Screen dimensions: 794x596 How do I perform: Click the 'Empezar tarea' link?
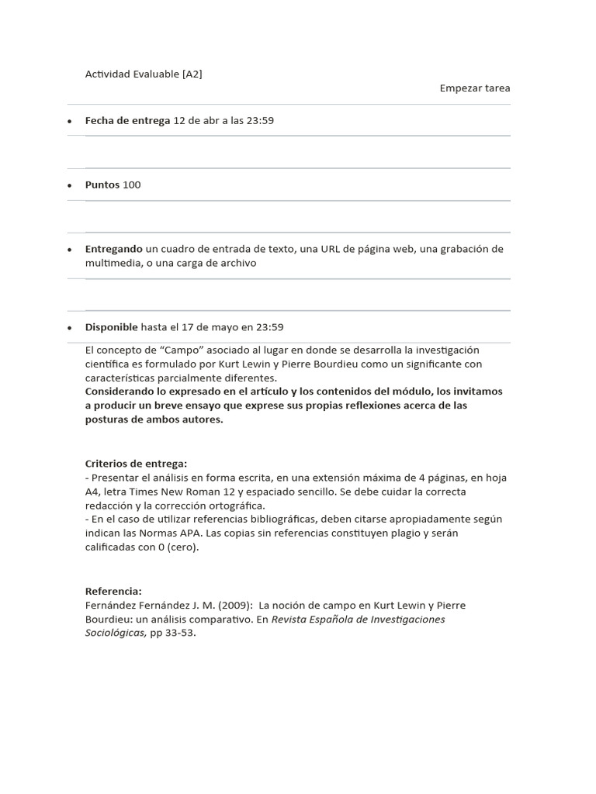click(x=475, y=88)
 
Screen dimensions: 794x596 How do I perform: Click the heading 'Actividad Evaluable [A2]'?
click(x=144, y=74)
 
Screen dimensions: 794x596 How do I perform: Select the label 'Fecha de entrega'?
click(x=127, y=121)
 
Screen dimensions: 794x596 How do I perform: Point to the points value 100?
click(x=132, y=185)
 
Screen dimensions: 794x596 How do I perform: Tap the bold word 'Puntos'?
click(x=102, y=185)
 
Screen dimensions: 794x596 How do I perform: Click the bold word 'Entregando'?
click(x=114, y=249)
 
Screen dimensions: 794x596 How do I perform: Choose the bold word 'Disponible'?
click(x=112, y=327)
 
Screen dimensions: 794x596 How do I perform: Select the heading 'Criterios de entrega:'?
click(x=136, y=464)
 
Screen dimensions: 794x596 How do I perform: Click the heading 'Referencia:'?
click(x=113, y=592)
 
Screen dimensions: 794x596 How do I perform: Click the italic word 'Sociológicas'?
click(x=114, y=633)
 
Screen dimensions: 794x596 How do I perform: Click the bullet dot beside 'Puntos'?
click(x=70, y=186)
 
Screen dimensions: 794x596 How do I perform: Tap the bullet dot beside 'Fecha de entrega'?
click(x=70, y=122)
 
